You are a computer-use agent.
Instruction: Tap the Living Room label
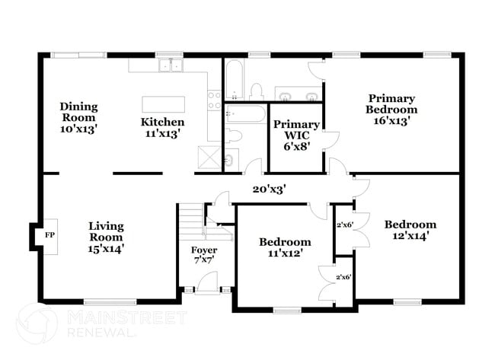pos(106,237)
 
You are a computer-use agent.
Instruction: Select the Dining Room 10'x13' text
pos(79,118)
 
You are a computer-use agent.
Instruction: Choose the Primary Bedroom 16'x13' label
pos(392,110)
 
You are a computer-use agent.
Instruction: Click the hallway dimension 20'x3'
pos(270,189)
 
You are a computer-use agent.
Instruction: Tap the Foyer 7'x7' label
pos(203,255)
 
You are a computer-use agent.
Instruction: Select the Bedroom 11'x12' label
pos(285,248)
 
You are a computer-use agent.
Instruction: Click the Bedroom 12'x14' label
pos(410,230)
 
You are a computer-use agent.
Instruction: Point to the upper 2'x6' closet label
pos(344,225)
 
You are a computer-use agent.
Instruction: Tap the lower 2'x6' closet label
pos(344,278)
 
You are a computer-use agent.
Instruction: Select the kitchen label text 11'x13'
pos(162,134)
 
